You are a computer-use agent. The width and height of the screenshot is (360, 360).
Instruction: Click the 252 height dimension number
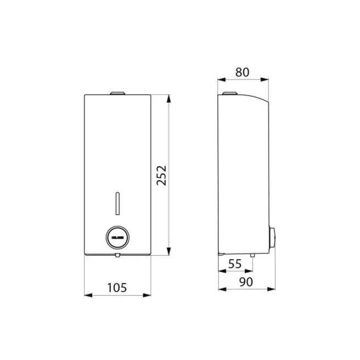(161, 175)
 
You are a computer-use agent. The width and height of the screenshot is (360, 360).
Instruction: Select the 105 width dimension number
(117, 287)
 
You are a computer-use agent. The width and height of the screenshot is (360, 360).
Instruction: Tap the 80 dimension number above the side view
(243, 72)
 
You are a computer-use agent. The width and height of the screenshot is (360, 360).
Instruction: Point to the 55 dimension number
(234, 264)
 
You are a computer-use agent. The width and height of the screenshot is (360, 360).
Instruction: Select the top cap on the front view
(117, 93)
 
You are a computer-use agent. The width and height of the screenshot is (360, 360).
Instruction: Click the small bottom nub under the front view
(117, 255)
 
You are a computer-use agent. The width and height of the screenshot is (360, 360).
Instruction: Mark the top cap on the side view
(229, 93)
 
